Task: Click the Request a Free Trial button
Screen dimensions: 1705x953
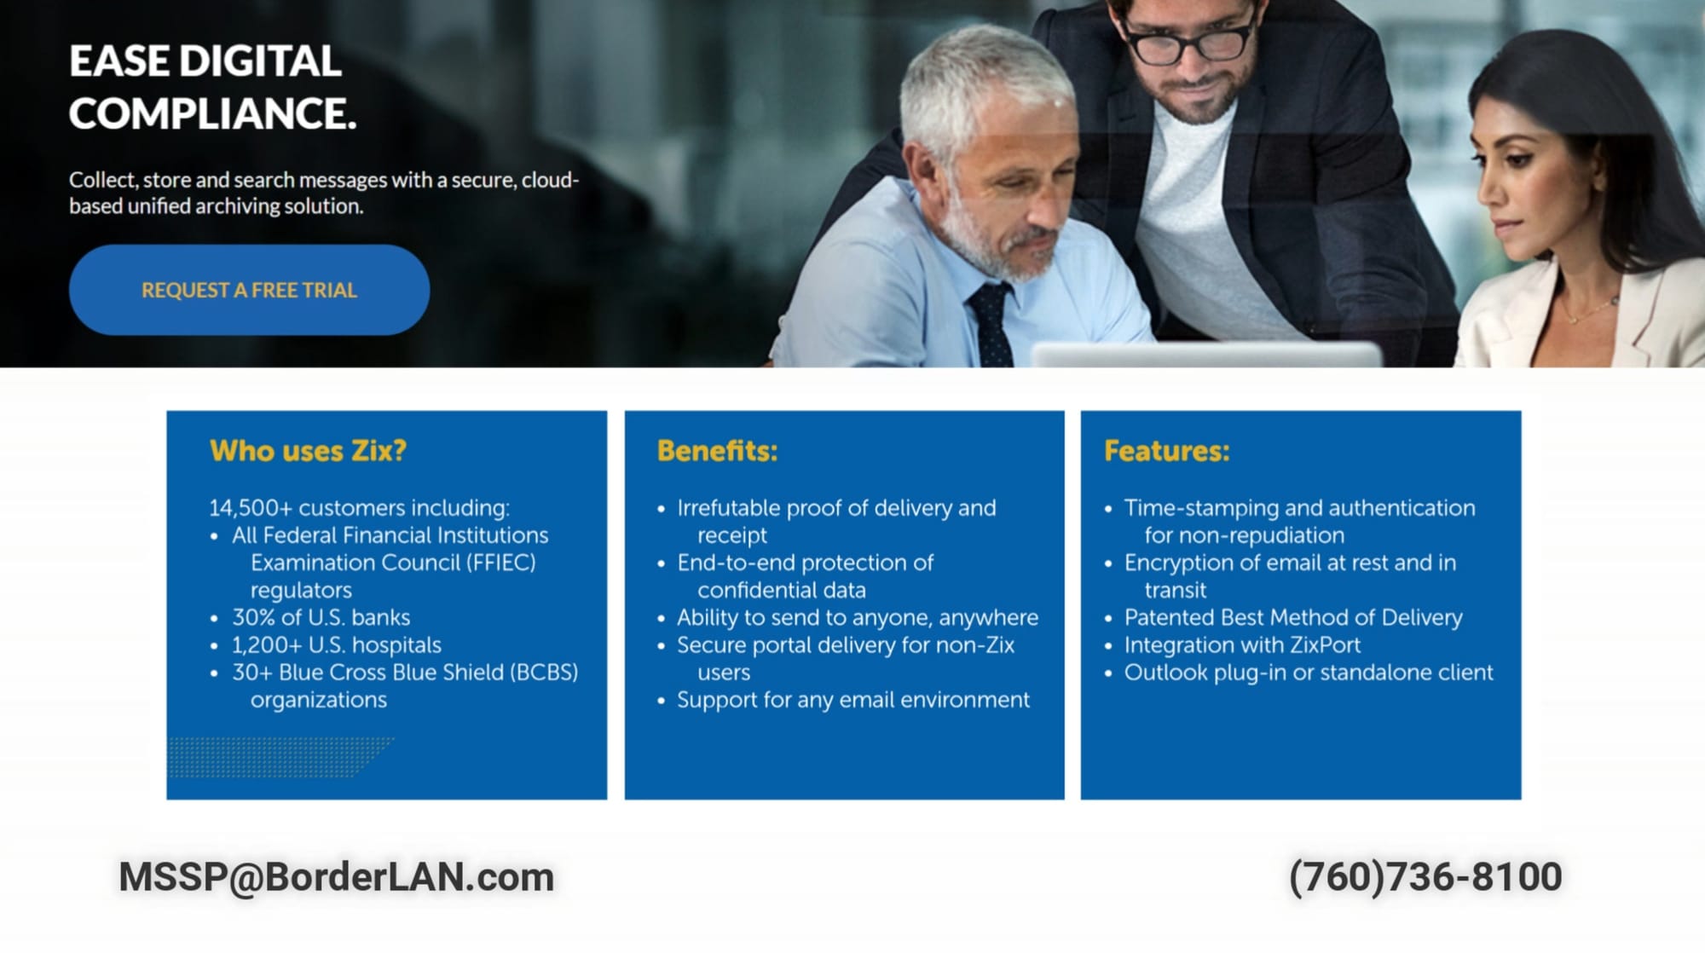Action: pos(249,290)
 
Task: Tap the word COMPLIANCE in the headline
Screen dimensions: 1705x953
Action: pos(212,113)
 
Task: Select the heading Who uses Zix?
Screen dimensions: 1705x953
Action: pos(308,451)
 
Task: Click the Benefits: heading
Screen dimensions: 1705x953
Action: pos(717,451)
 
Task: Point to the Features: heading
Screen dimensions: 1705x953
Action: pos(1166,451)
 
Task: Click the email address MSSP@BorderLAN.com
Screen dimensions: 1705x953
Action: pos(336,877)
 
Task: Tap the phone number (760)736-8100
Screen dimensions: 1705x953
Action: pos(1425,877)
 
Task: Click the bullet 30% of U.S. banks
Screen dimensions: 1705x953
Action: pos(321,617)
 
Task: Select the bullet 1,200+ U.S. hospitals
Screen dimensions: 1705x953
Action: pos(337,645)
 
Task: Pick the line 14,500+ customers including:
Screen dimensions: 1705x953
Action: pos(359,508)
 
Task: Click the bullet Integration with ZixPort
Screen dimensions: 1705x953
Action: pos(1242,645)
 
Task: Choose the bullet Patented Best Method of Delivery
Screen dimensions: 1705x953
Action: pos(1293,617)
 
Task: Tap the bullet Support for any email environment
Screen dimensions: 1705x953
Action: pos(853,700)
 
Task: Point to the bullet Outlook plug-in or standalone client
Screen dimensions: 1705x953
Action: pos(1309,673)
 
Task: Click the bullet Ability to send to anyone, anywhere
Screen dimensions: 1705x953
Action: pos(858,617)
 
